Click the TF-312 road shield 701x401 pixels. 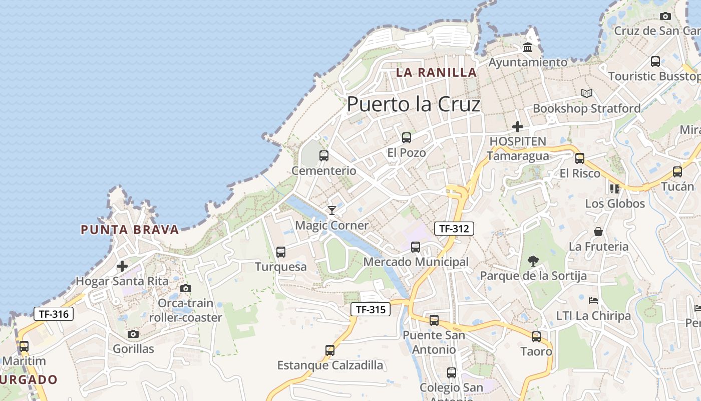pyautogui.click(x=454, y=229)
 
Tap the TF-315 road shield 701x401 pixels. pyautogui.click(x=370, y=309)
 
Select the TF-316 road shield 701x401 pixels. pyautogui.click(x=54, y=314)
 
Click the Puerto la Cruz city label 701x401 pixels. pyautogui.click(x=414, y=104)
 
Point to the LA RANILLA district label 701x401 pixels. pyautogui.click(x=436, y=72)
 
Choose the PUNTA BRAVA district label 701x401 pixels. pyautogui.click(x=130, y=230)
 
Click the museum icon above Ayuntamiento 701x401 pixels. pyautogui.click(x=528, y=48)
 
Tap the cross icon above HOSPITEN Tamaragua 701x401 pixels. pyautogui.click(x=518, y=127)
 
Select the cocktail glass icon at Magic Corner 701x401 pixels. pyautogui.click(x=331, y=210)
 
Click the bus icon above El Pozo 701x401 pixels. pyautogui.click(x=407, y=137)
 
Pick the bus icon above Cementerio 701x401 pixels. pyautogui.click(x=324, y=156)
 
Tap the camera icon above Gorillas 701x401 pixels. pyautogui.click(x=133, y=334)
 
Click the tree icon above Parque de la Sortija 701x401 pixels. pyautogui.click(x=533, y=261)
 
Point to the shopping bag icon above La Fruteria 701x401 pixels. pyautogui.click(x=598, y=232)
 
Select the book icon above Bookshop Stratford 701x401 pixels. pyautogui.click(x=587, y=93)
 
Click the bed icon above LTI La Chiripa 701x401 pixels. pyautogui.click(x=593, y=301)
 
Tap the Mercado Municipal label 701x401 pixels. pyautogui.click(x=416, y=262)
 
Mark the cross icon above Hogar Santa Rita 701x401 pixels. pyautogui.click(x=122, y=266)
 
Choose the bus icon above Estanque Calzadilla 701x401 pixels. pyautogui.click(x=330, y=350)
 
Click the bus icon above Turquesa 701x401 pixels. pyautogui.click(x=281, y=252)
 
